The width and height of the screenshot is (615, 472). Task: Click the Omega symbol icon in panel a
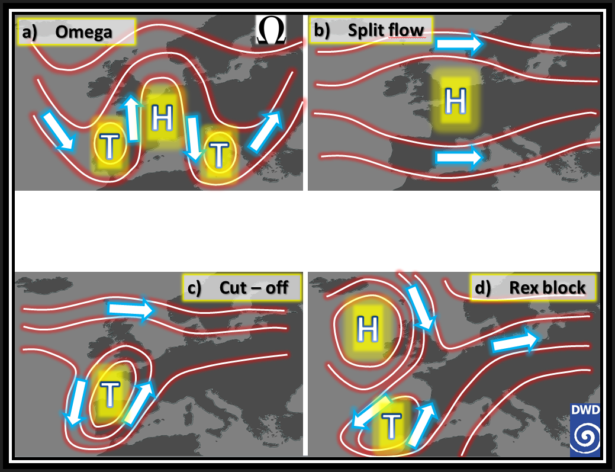point(271,30)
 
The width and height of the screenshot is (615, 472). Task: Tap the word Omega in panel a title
point(83,32)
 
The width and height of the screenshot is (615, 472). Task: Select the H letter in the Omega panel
point(162,117)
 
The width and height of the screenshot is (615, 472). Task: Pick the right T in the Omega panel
point(219,154)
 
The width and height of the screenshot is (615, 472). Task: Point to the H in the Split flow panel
point(455,101)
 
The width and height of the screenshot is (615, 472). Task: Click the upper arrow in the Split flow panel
point(459,44)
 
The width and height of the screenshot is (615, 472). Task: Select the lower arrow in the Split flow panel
point(459,158)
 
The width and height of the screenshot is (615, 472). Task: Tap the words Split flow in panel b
point(386,30)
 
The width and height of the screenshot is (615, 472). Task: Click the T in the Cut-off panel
point(110,393)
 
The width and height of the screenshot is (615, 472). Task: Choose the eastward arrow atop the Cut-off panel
point(131,309)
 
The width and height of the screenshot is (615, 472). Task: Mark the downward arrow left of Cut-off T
point(76,402)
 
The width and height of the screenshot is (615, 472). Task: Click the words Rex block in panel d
point(547,288)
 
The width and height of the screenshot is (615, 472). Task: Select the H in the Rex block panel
point(368,329)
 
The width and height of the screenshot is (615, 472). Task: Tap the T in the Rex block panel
point(391,426)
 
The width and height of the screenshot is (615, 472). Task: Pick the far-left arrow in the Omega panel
point(59,131)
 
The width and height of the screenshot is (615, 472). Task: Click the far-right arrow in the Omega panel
point(266,131)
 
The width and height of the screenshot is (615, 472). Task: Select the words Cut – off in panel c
point(254,288)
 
